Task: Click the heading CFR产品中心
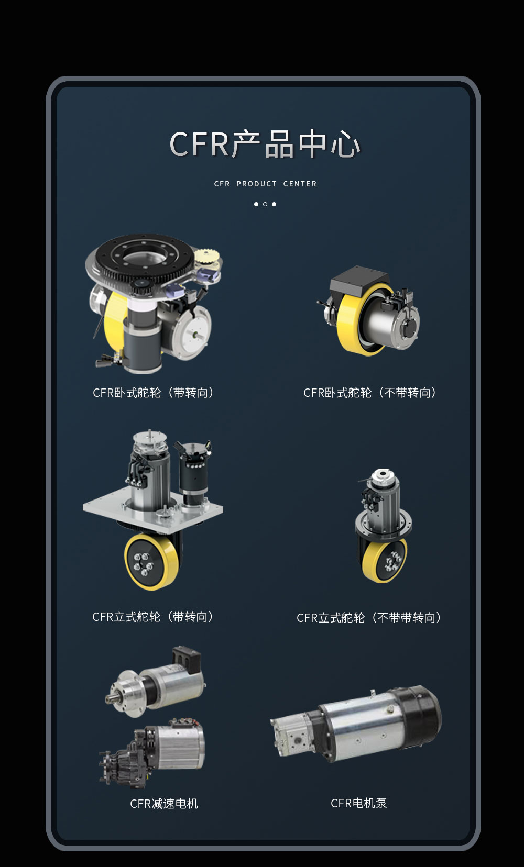tap(265, 144)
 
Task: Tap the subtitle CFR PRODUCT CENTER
tap(265, 184)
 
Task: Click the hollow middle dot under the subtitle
tap(265, 204)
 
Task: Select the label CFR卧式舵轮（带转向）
tap(154, 393)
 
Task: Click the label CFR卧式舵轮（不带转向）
tap(370, 393)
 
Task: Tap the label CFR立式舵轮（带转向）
tap(153, 617)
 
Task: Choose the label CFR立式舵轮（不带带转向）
tap(369, 618)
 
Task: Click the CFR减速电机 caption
tap(164, 804)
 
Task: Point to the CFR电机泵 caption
tap(358, 803)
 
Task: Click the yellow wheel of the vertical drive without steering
tap(384, 561)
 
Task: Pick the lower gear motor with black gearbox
tap(152, 753)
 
